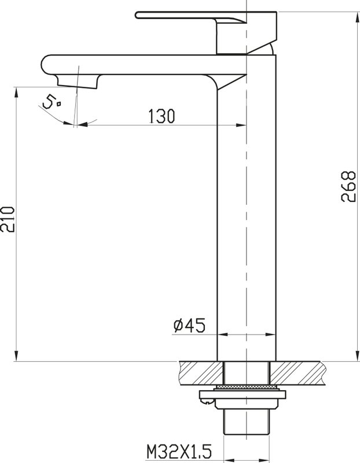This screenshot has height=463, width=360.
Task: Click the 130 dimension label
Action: (161, 116)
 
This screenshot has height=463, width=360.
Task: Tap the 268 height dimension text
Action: (348, 186)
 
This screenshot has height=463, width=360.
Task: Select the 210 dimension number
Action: (8, 219)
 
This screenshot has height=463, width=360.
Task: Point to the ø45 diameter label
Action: (189, 326)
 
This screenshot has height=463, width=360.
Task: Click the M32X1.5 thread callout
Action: (179, 451)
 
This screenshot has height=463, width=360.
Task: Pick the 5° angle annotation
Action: (52, 102)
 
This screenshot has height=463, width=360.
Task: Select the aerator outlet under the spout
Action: (77, 81)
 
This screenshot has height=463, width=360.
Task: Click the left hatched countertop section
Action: (200, 373)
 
